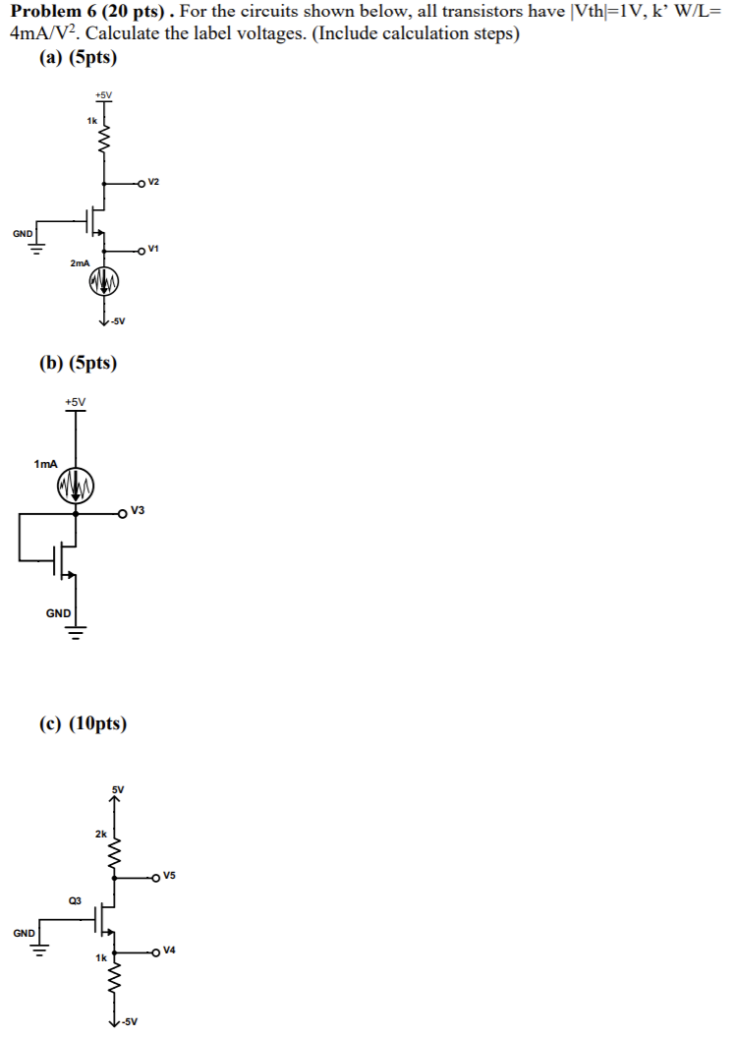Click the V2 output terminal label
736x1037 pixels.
click(x=154, y=183)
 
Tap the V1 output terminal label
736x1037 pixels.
click(x=154, y=250)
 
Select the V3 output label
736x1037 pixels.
click(x=137, y=510)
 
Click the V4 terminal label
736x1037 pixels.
click(x=169, y=951)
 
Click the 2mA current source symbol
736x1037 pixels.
click(x=104, y=283)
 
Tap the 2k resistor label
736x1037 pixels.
click(x=101, y=834)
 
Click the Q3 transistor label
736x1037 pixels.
click(x=75, y=899)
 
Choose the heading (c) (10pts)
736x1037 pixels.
click(x=84, y=724)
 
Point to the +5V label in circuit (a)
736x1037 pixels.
click(x=103, y=94)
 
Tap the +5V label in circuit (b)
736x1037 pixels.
click(x=75, y=401)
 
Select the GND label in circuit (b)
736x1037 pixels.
click(x=58, y=612)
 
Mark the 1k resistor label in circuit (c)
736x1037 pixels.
click(x=101, y=956)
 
